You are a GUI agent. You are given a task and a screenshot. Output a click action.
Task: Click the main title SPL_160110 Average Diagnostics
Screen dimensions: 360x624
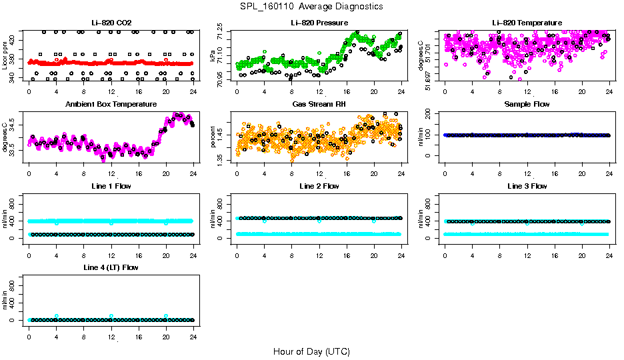tap(311, 6)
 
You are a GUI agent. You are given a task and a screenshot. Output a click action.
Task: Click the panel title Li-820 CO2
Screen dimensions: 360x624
tap(111, 23)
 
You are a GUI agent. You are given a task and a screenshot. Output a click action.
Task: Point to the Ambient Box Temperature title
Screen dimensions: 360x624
tap(111, 105)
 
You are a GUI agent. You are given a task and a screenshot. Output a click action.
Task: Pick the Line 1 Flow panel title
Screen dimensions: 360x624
tap(111, 186)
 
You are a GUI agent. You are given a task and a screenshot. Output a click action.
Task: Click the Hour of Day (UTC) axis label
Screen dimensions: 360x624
tap(311, 351)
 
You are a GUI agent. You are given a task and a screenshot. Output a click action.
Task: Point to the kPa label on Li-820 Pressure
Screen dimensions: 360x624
tap(214, 56)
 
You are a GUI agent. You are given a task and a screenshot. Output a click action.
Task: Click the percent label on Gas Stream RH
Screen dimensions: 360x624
tap(214, 137)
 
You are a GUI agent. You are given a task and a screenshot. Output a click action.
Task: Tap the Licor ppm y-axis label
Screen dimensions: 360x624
tap(5, 56)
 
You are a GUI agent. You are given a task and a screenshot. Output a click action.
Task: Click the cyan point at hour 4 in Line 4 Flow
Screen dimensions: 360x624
tap(57, 316)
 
